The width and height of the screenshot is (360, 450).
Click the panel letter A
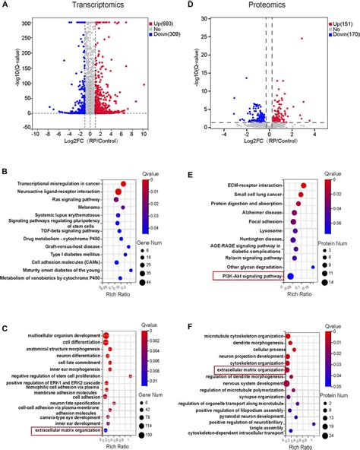(x=5, y=5)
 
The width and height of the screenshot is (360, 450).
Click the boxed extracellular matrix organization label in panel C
(x=66, y=431)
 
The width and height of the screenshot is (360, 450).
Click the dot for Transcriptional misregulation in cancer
(x=124, y=183)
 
